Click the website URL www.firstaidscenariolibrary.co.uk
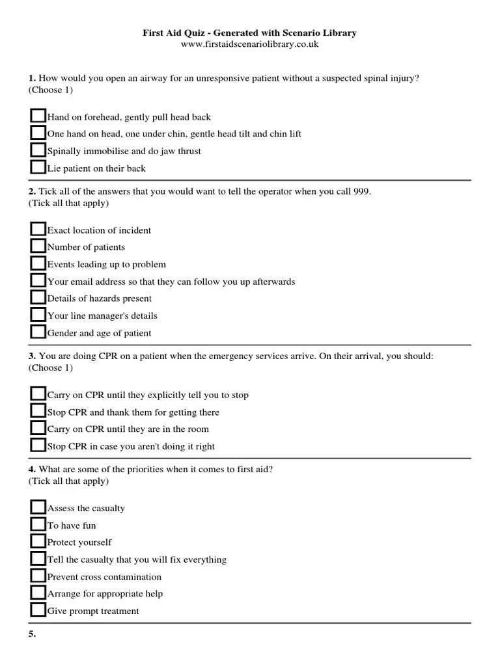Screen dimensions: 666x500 point(249,44)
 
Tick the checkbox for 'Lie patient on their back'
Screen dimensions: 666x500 point(38,167)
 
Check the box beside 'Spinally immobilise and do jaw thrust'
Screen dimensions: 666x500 point(38,150)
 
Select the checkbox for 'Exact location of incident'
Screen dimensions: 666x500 point(38,229)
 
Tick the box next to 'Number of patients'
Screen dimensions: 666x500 point(38,246)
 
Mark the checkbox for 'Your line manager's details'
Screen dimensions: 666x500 point(38,315)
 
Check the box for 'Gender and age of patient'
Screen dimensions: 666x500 point(38,332)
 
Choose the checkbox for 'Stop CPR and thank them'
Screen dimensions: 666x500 point(38,411)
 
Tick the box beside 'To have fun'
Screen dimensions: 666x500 point(38,524)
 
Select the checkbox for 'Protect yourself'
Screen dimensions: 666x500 point(38,541)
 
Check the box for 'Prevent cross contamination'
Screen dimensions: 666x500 point(38,576)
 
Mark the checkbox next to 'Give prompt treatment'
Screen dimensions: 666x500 point(38,610)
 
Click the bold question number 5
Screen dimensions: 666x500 point(32,635)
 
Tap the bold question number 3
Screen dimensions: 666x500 point(32,356)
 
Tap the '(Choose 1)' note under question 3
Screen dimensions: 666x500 point(51,368)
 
